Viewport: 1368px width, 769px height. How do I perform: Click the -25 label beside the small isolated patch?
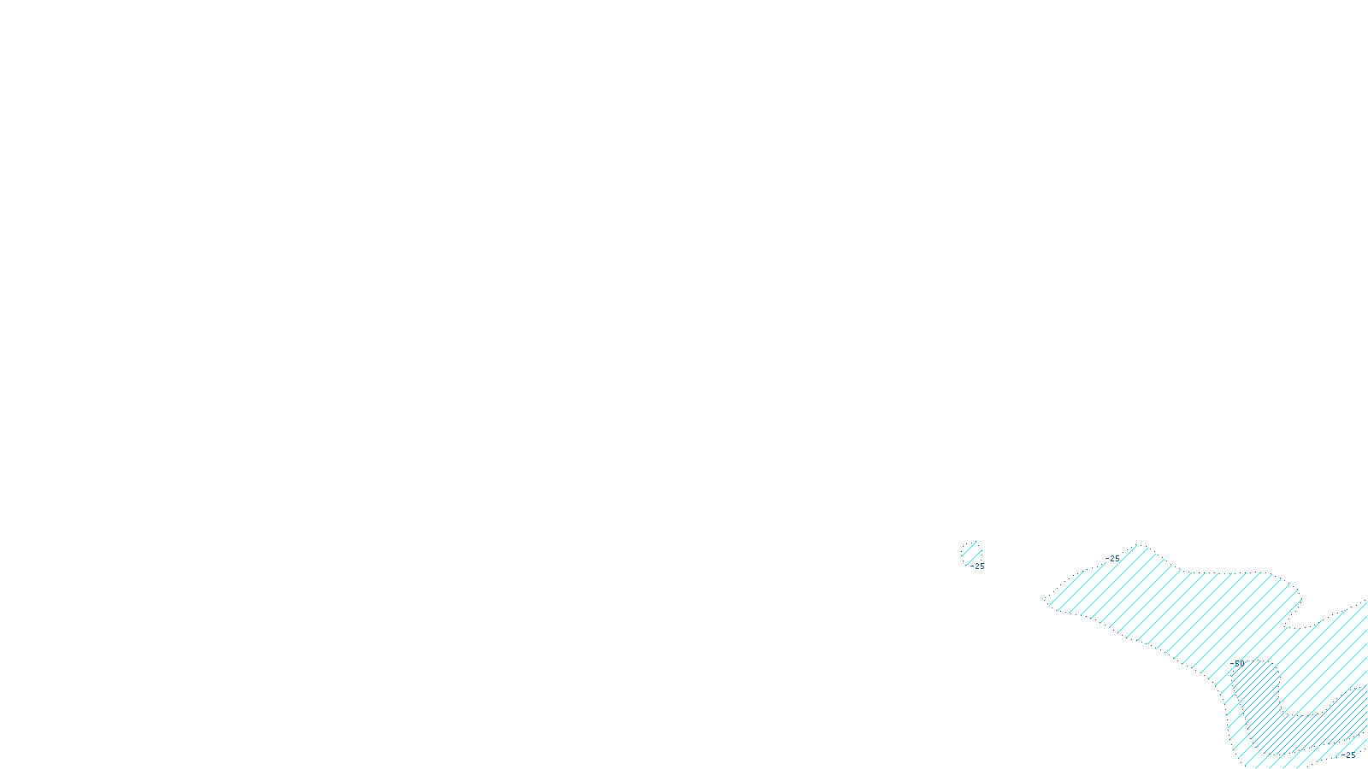977,566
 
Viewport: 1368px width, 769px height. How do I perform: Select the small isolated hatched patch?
970,551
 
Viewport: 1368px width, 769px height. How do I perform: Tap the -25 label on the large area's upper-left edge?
1112,559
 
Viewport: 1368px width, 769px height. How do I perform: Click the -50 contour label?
1238,663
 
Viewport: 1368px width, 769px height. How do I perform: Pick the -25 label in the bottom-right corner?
1348,755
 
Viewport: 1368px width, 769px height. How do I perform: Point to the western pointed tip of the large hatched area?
1044,600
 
